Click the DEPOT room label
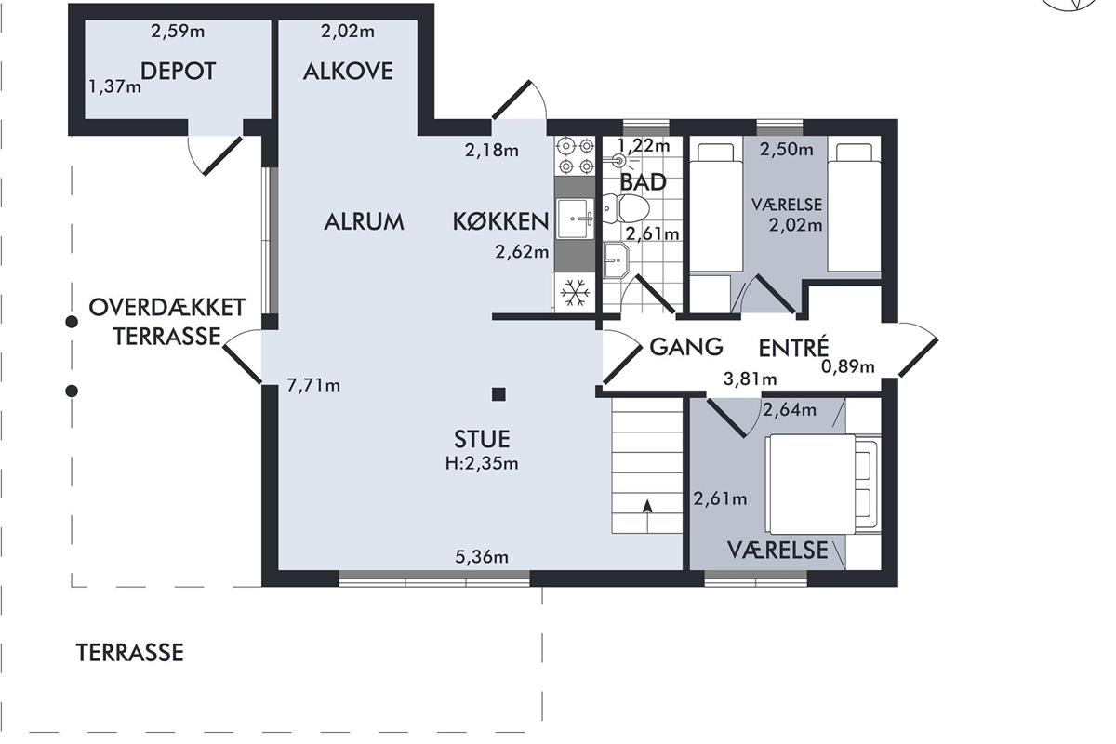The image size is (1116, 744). coord(178,72)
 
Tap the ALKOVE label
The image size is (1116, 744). coord(348,72)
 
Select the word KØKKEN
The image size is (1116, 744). coord(500,221)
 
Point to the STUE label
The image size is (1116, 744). coord(482,439)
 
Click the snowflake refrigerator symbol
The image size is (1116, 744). coord(575,293)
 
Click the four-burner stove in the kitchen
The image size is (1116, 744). coord(576,155)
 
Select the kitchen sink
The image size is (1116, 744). coord(576,219)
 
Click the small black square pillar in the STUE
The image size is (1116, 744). coord(498,394)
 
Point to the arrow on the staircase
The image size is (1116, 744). coord(647,516)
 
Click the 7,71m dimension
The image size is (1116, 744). coord(313,385)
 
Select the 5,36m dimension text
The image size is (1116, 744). coord(482,557)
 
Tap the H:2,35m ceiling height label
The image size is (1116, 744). coord(482,464)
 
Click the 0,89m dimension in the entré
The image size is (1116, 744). coord(847,366)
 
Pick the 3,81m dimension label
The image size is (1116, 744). coord(750,379)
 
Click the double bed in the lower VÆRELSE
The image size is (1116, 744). coord(823,484)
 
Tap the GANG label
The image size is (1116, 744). coord(686,347)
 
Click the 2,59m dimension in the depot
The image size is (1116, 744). coord(178,32)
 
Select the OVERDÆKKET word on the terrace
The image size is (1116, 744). coord(166,308)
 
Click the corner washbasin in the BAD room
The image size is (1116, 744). coord(616,259)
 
